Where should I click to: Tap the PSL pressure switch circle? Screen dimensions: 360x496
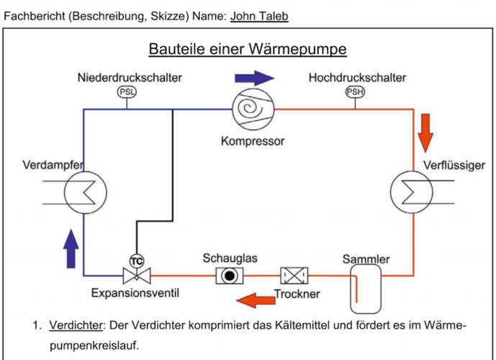coord(127,92)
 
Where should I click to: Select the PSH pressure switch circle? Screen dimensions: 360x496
coord(356,92)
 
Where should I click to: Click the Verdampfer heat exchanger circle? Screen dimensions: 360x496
coord(85,192)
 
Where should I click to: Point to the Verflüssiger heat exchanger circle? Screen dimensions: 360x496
coord(411,192)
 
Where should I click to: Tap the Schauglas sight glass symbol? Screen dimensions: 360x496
coord(230,275)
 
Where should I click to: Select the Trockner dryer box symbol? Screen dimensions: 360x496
coord(294,275)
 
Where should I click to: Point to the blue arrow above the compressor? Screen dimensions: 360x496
coord(254,78)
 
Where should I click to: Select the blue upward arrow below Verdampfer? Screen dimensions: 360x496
coord(71,246)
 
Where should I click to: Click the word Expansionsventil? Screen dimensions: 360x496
coord(135,293)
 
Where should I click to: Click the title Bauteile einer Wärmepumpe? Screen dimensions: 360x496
coord(248,49)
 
